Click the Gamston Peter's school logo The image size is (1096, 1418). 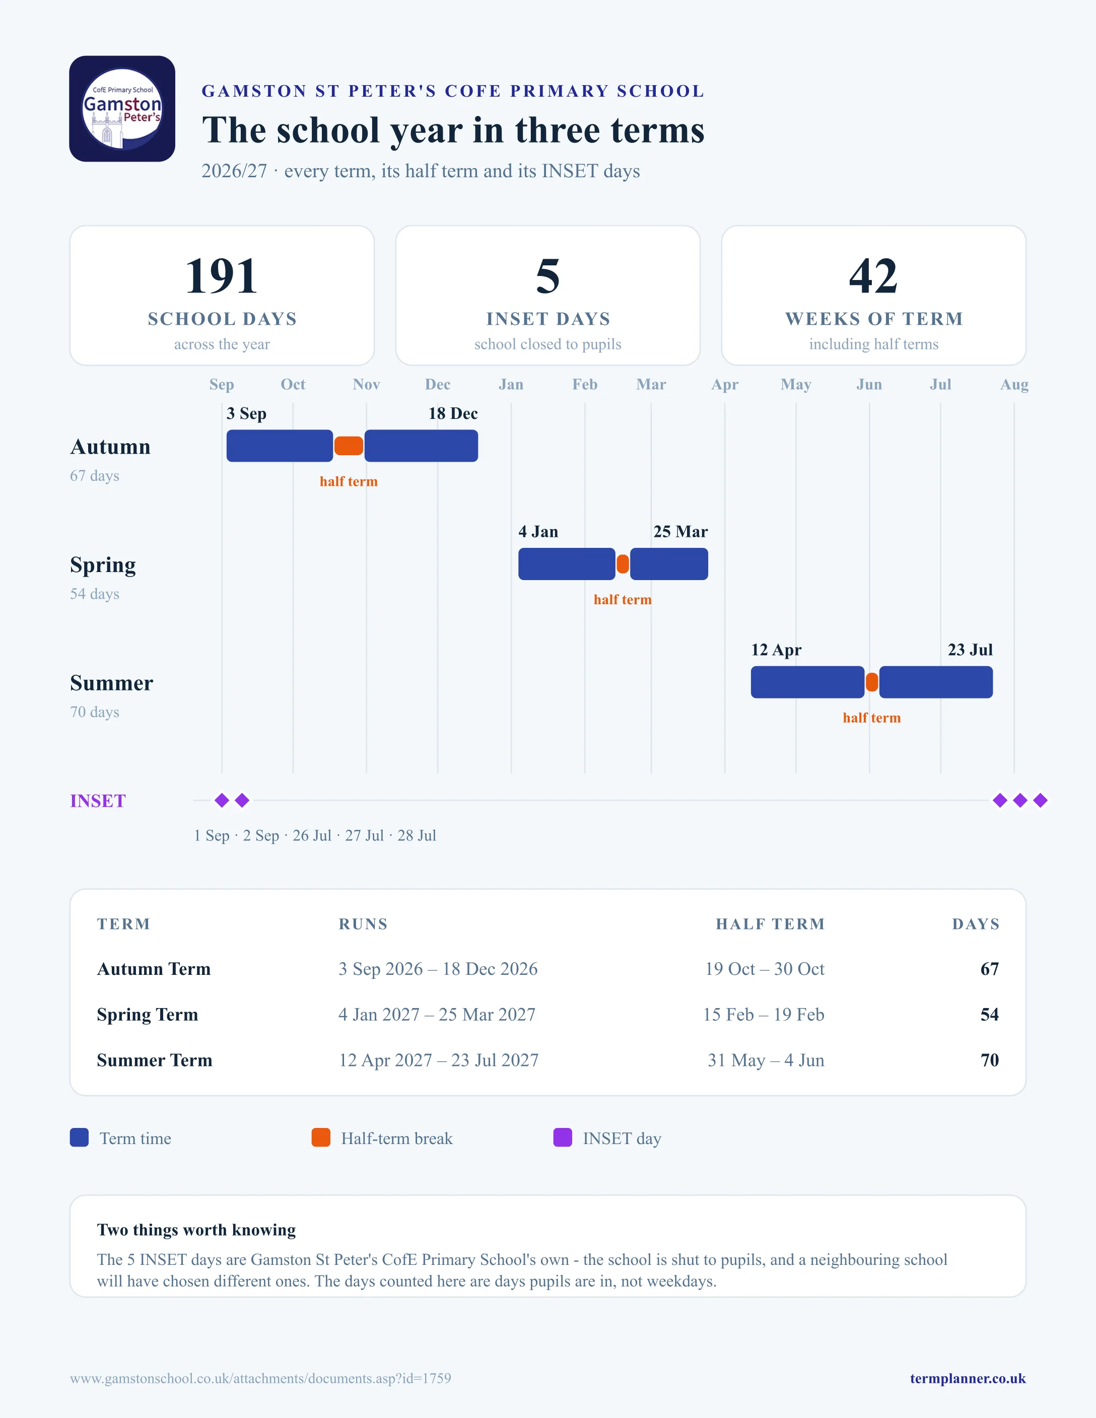tap(122, 108)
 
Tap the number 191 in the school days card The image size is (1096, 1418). tap(222, 276)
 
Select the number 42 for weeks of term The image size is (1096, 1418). tap(873, 276)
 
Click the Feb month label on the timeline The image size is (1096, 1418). tap(584, 384)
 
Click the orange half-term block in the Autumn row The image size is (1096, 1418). tap(349, 446)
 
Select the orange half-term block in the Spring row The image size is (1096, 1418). tap(623, 564)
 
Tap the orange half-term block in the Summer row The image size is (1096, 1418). tap(872, 682)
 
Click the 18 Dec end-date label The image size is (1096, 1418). tap(453, 413)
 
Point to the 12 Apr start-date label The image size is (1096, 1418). tap(777, 651)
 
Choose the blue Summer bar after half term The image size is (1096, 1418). tap(936, 682)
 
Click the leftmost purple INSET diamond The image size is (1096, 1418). tap(222, 801)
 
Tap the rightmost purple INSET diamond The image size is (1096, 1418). tap(1040, 801)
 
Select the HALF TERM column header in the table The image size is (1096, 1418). tap(770, 925)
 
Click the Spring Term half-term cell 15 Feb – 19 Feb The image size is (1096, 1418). tap(764, 1015)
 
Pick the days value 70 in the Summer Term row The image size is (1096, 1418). tap(990, 1060)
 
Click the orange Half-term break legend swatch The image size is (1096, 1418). tap(321, 1138)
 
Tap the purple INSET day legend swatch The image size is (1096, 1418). tap(562, 1138)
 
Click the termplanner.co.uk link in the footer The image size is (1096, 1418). tap(968, 1378)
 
